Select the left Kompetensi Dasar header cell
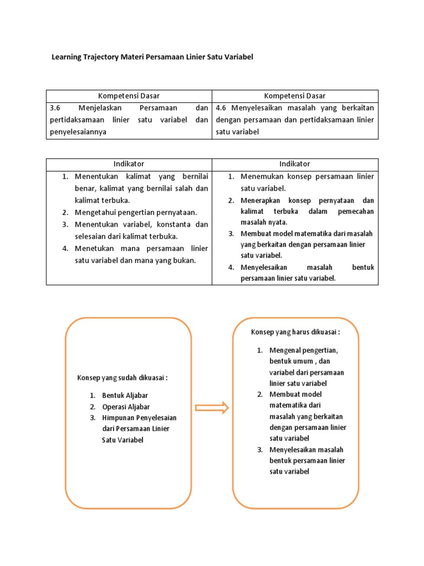tap(129, 96)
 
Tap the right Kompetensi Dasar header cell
tap(295, 96)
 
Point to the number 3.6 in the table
tap(56, 108)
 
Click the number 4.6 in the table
tap(222, 108)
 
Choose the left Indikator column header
tap(129, 164)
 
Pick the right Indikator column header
tap(295, 164)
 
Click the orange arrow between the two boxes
tap(212, 408)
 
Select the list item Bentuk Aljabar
tap(125, 396)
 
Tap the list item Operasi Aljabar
tap(126, 407)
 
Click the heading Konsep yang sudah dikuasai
tap(122, 378)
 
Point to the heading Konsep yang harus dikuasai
tap(295, 332)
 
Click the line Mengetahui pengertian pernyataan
tap(136, 212)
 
